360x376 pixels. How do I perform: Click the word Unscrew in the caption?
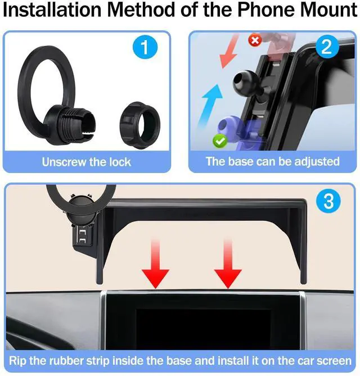coord(65,162)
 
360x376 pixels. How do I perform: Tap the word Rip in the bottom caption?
coord(20,360)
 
